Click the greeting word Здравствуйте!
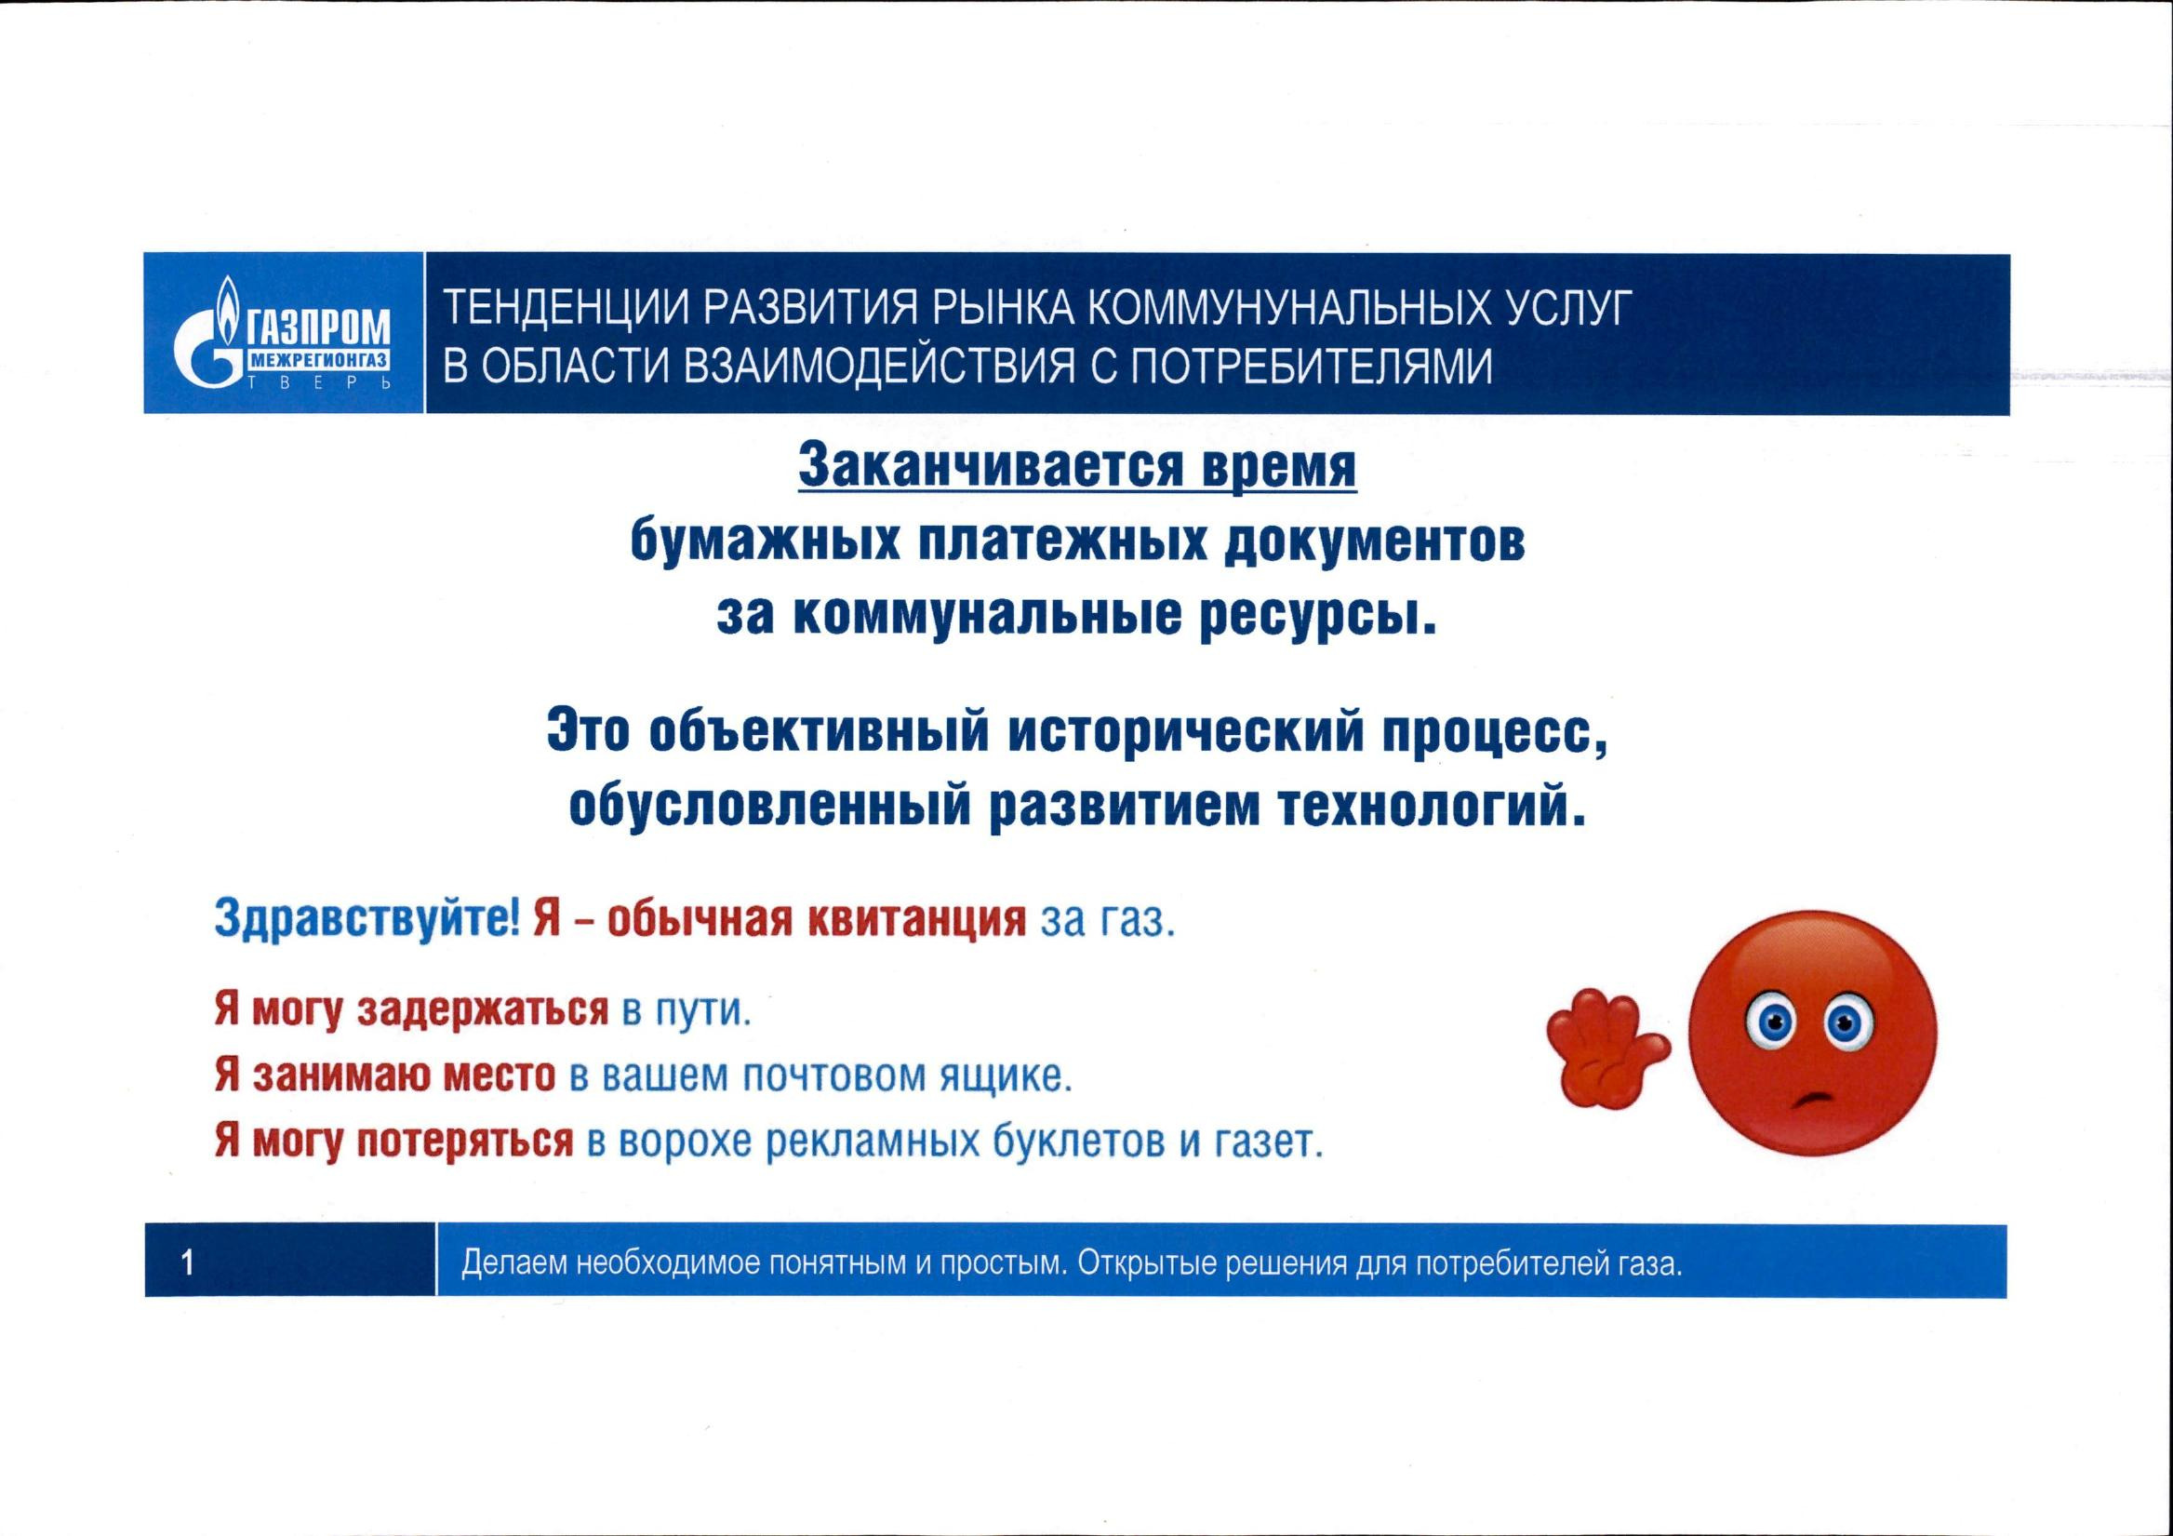pos(367,919)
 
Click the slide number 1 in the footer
pos(187,1262)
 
